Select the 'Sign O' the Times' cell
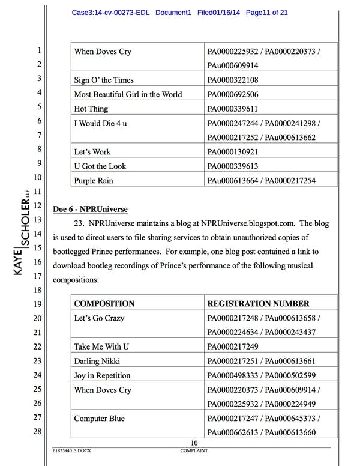coord(104,80)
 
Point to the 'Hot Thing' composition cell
coord(92,109)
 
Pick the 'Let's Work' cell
coord(92,152)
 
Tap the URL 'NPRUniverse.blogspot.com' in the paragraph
coord(254,223)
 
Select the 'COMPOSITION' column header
coord(104,304)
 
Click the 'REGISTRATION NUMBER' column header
coord(258,304)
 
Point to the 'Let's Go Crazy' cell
coord(99,318)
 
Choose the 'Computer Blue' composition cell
coord(100,419)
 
